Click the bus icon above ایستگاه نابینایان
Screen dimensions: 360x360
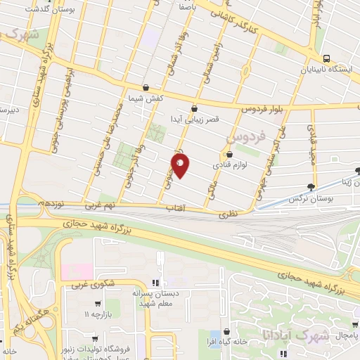pos(326,59)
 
